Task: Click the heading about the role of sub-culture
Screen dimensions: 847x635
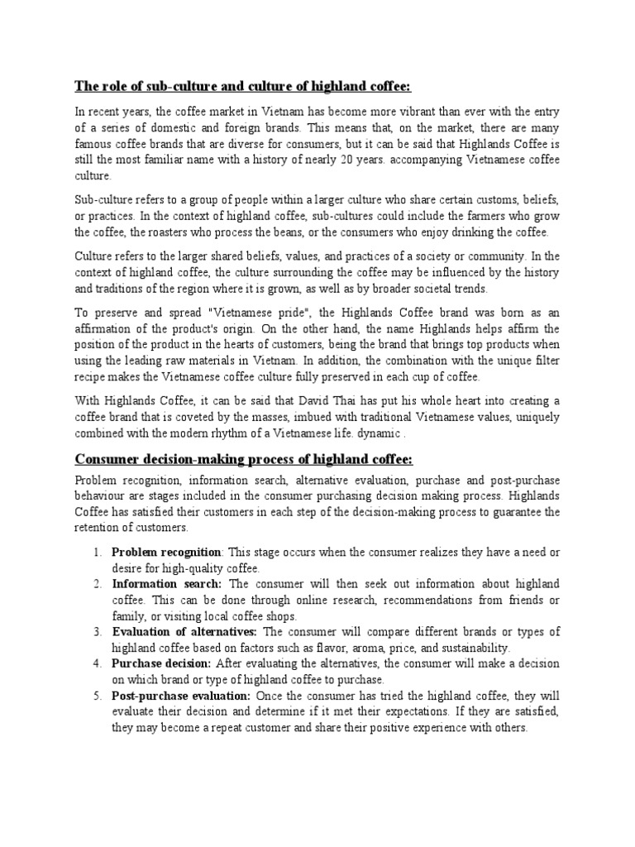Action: point(243,87)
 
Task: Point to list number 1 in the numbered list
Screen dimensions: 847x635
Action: point(97,552)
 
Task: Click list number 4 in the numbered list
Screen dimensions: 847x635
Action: point(97,663)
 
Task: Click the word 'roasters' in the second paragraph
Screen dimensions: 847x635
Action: point(211,232)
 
